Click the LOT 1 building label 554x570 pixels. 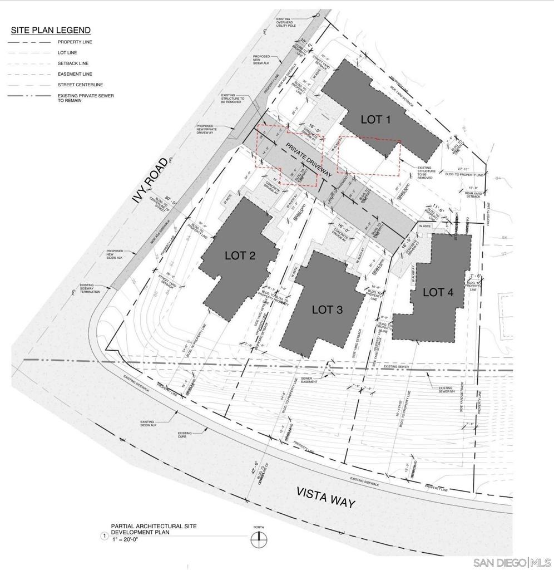coord(376,119)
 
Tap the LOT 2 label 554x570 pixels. coord(240,255)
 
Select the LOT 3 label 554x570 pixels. coord(327,309)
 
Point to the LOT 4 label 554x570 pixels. coord(438,292)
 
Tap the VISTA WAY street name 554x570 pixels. coord(325,497)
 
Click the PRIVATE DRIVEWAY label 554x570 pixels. coord(309,160)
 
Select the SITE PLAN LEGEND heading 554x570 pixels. coord(51,30)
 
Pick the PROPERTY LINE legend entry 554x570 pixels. coord(75,42)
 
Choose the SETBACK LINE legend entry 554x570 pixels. coord(73,63)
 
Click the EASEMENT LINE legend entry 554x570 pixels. coord(75,74)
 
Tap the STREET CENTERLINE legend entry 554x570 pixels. coord(80,85)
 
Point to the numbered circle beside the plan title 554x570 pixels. coord(103,536)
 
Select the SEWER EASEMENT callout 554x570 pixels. coord(309,380)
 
